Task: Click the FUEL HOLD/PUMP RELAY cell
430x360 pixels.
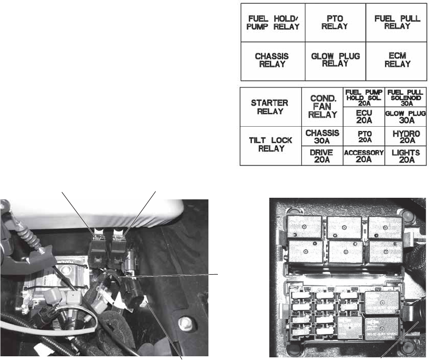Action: (274, 23)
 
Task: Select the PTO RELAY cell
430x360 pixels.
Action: (335, 23)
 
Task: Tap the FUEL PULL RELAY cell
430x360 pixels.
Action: (397, 23)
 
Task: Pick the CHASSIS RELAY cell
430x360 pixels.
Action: (274, 60)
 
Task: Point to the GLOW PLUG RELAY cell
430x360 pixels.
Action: (335, 60)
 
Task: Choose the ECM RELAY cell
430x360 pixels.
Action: (397, 60)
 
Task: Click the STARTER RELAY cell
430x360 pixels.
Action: (270, 107)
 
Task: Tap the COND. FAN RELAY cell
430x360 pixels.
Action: (322, 107)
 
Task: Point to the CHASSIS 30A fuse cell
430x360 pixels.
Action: (322, 136)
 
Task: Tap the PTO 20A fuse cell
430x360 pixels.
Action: (364, 136)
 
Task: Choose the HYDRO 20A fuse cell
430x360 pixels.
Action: (405, 136)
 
